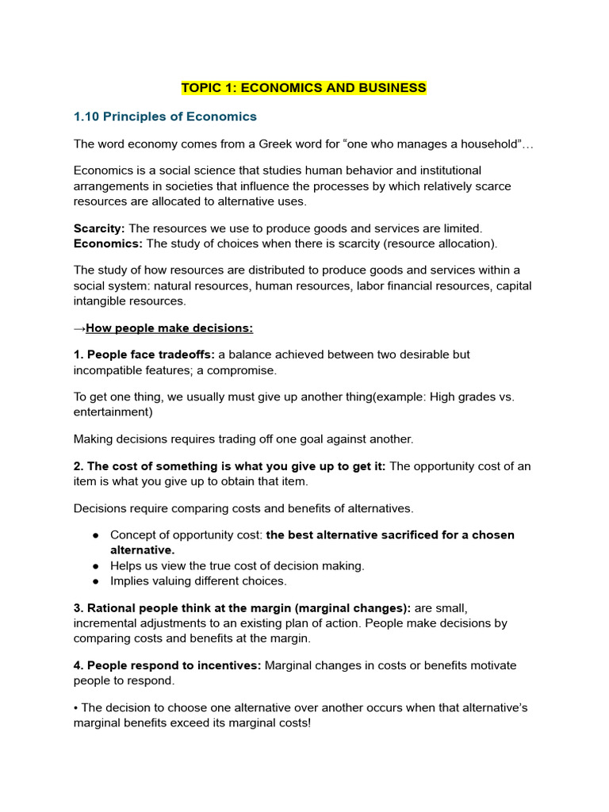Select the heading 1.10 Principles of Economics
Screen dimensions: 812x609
[x=165, y=117]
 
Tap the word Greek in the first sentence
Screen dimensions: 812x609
[x=314, y=144]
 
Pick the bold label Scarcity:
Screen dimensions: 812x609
[x=99, y=228]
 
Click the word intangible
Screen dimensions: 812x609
[x=101, y=301]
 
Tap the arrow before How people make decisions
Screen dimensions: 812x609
[x=79, y=328]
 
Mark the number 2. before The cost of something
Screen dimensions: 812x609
[x=79, y=466]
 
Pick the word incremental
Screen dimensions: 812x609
[x=106, y=623]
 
